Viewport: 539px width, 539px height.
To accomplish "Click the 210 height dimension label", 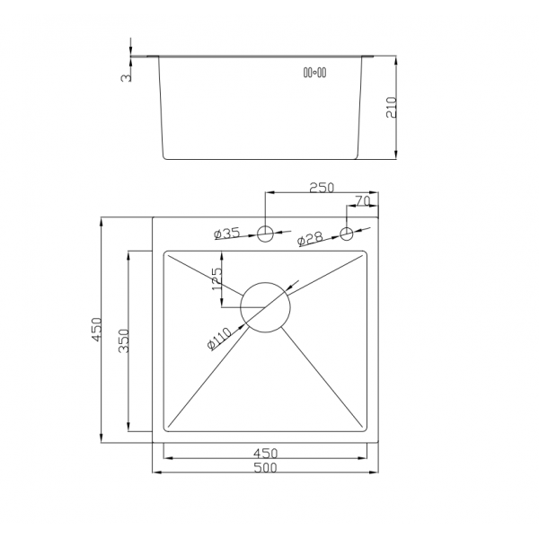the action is [x=391, y=107].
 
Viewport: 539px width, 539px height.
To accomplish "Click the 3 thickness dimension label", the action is [x=127, y=78].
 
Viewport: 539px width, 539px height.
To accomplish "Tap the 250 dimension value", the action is [x=322, y=188].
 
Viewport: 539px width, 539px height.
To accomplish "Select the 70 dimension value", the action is [x=362, y=201].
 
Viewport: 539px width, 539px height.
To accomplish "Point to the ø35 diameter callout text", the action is [x=226, y=234].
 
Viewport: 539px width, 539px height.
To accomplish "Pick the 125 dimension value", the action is [x=217, y=278].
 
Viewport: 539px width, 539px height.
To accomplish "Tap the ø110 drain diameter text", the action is [x=219, y=339].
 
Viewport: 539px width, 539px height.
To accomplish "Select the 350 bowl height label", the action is [x=124, y=340].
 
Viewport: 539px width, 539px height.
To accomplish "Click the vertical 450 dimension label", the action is [x=97, y=330].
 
